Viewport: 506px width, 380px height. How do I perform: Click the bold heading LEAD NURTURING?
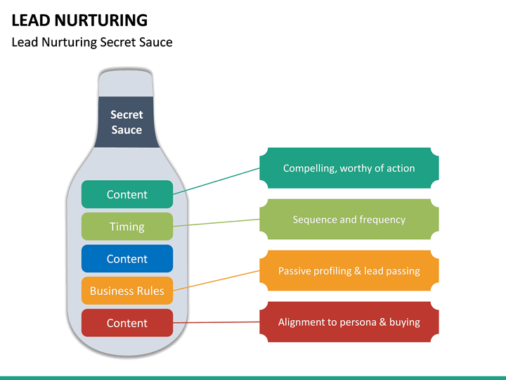79,20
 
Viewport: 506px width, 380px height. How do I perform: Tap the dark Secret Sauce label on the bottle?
126,122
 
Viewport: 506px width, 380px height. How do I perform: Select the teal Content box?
126,194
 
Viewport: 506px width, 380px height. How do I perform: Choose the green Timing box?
126,227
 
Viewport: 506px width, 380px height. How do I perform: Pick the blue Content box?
126,259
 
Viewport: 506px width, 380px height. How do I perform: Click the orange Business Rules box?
126,291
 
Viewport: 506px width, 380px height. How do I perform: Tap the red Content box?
126,323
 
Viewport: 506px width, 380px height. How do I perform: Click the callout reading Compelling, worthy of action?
349,168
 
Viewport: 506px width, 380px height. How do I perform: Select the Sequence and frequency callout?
349,220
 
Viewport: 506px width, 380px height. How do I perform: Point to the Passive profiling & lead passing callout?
349,271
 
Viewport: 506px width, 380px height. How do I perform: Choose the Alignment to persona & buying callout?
349,322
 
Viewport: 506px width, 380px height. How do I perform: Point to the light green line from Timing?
216,222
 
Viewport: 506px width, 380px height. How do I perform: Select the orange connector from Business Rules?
216,279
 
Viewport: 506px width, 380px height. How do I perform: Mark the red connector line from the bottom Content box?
216,322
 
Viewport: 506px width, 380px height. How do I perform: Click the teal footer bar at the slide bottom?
253,377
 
